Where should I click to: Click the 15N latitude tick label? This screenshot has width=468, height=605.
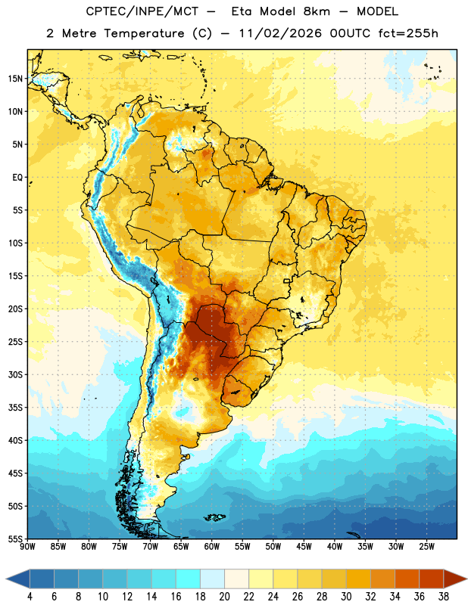click(x=15, y=79)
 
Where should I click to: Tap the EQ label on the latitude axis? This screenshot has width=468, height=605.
click(x=17, y=178)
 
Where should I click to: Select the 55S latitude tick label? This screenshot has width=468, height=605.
click(x=15, y=539)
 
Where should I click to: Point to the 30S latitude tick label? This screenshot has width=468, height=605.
click(x=15, y=374)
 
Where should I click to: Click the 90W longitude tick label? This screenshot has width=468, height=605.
click(x=27, y=547)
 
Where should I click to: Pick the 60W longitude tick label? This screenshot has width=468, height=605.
click(x=212, y=547)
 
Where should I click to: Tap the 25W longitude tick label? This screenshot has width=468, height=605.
click(x=427, y=547)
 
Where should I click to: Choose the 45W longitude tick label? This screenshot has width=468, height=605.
click(x=304, y=547)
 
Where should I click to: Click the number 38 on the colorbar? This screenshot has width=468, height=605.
click(x=444, y=597)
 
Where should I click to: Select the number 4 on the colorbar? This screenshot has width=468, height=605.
click(x=30, y=597)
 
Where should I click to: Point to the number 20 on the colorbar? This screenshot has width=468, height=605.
click(x=224, y=597)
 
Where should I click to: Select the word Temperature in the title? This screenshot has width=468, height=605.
click(x=144, y=33)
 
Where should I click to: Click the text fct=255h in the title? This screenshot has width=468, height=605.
click(x=408, y=33)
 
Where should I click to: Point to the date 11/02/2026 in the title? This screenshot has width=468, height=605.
click(x=280, y=33)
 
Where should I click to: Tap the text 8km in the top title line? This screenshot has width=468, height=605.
click(x=317, y=11)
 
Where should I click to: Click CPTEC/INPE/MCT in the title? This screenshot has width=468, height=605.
click(x=142, y=11)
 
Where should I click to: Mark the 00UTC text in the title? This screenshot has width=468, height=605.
click(x=350, y=33)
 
